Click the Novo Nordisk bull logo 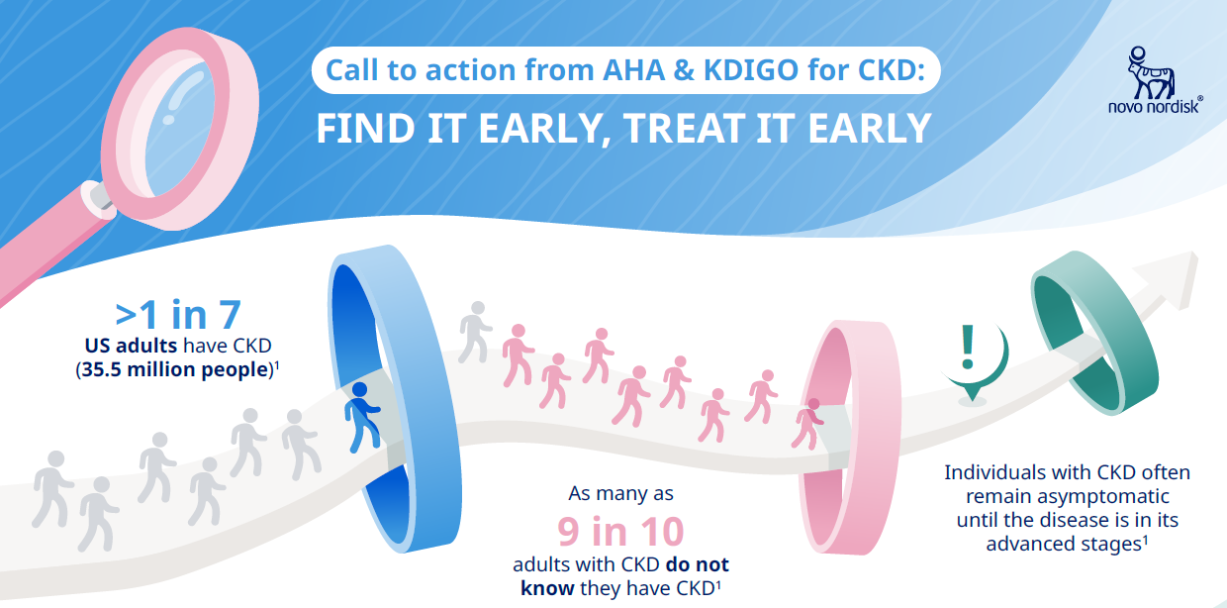point(1151,73)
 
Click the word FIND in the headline point(365,129)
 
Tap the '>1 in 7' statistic point(178,315)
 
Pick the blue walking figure point(361,418)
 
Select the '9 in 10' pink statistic point(620,531)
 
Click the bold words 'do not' point(698,564)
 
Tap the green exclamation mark point(968,347)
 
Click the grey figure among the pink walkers point(474,333)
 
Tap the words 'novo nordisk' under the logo point(1154,106)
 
